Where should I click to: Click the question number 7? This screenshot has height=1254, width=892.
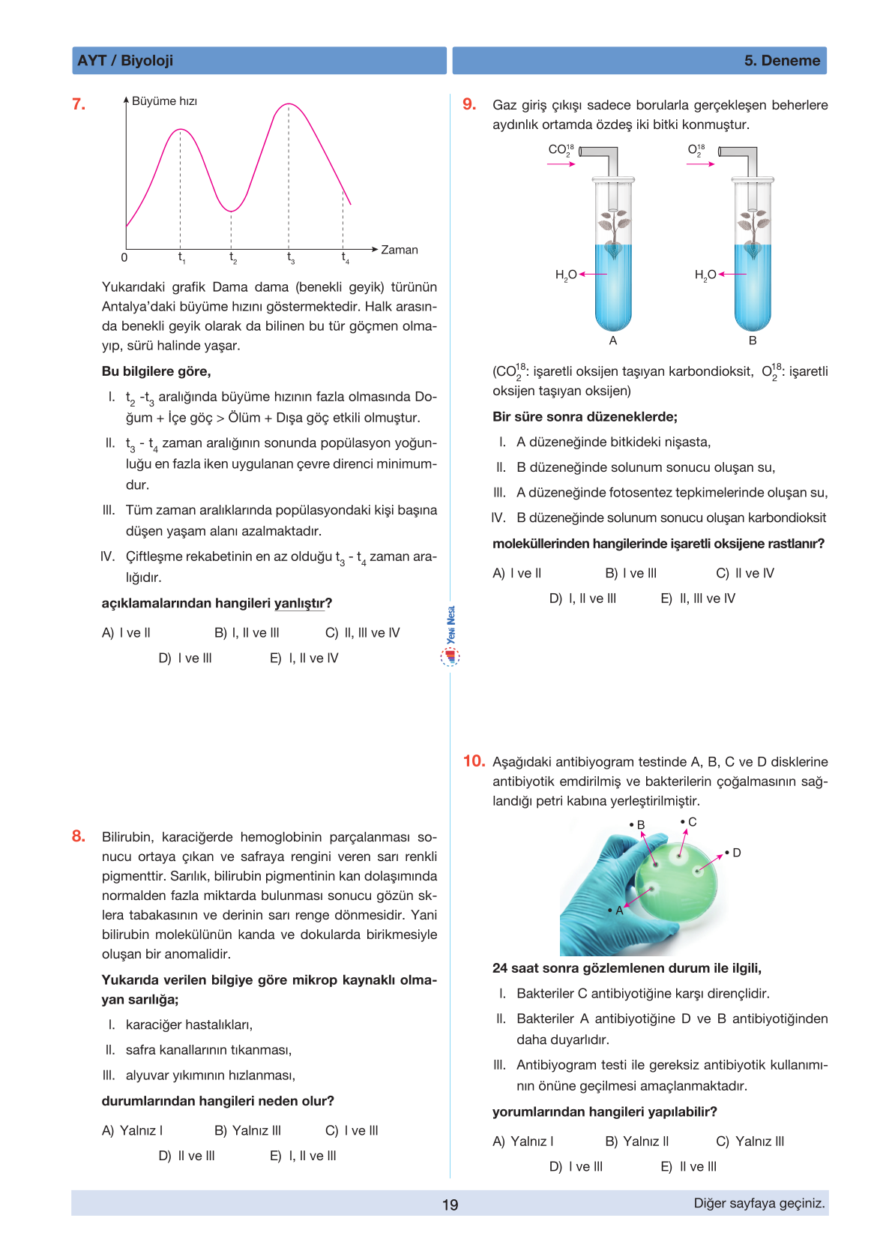coord(79,104)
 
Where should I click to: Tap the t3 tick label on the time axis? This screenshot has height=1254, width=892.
coord(291,258)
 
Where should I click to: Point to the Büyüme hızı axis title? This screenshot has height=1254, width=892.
coord(164,101)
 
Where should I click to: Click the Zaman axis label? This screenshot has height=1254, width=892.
coord(399,250)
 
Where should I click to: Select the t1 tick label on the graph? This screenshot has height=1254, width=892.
coord(181,258)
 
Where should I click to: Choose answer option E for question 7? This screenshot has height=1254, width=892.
coord(304,658)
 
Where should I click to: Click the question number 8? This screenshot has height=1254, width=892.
coord(79,836)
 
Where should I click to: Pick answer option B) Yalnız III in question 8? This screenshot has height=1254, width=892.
coord(247,1130)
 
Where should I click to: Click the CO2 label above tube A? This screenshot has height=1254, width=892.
coord(561,150)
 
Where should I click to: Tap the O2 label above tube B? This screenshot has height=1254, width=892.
coord(696,150)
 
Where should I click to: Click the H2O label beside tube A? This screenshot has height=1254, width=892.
coord(566,274)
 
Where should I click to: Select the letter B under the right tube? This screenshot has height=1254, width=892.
coord(753,340)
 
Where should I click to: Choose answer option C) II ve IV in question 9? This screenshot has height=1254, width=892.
coord(745,573)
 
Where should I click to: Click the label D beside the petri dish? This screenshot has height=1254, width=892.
coord(736,853)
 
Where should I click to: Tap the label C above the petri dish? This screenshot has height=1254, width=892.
coord(691,822)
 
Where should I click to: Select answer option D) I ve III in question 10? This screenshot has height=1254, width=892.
coord(576,1166)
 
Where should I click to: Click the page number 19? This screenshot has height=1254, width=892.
coord(450,1204)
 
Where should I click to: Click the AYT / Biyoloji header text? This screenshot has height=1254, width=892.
coord(125,61)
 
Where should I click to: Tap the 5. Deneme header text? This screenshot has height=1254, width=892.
coord(782,61)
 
